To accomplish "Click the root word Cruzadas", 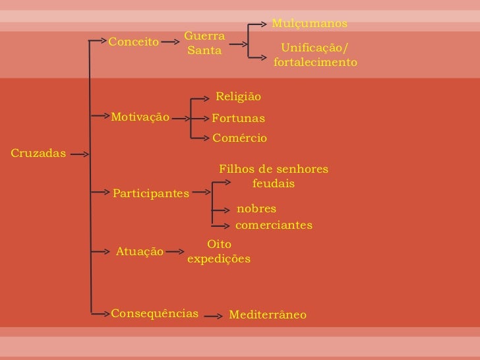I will coord(38,154).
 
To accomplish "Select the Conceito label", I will coord(134,42).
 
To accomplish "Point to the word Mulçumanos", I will coord(309,24).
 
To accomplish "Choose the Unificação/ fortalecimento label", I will coord(315,55).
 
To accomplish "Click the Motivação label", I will coord(140,117).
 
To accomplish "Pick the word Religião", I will coord(239,97).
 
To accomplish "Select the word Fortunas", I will coord(238,118).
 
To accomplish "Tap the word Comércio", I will coord(240,138).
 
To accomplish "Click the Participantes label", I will coord(151,194).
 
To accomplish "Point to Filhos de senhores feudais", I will coord(274,177).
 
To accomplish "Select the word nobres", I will coord(256,209).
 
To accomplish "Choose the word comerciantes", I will coord(274,225).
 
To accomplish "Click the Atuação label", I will coord(140,251).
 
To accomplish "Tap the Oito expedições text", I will coord(219,252).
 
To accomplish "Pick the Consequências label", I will coord(154,313).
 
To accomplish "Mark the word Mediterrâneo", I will coord(268,315).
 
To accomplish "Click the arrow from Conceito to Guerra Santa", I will coord(170,42).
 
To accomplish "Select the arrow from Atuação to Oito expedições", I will coord(175,251).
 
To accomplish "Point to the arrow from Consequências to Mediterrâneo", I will coord(212,316).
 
